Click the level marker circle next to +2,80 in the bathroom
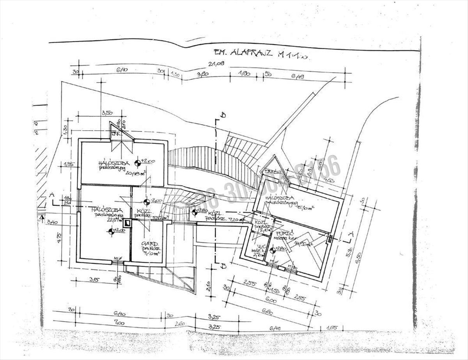(272, 249)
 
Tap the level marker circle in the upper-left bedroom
(137, 162)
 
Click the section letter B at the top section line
(223, 115)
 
